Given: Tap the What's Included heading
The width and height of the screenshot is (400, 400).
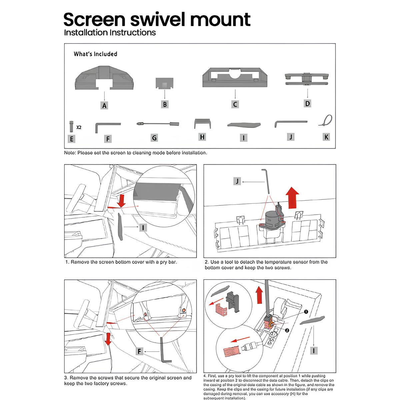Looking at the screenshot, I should (x=95, y=54).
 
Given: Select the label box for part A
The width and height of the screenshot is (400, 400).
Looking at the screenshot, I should (x=105, y=105).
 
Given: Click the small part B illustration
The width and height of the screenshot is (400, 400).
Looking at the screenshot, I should (x=165, y=83).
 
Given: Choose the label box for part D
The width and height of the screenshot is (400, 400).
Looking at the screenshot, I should (x=307, y=103).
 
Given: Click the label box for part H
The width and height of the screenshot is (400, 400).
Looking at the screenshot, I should (x=202, y=137).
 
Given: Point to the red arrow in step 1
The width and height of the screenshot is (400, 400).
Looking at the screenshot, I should (x=121, y=201).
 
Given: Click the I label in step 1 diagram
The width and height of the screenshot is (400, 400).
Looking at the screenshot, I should (x=143, y=228).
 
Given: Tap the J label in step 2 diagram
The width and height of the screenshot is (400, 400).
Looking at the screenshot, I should (x=237, y=181).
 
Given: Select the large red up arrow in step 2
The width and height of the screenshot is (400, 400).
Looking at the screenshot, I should (x=292, y=198).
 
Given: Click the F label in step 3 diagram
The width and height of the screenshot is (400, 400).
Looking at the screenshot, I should (x=140, y=351).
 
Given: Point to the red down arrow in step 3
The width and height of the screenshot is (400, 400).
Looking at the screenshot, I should (x=108, y=339).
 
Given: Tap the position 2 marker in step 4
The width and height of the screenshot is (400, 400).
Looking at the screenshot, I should (x=287, y=330).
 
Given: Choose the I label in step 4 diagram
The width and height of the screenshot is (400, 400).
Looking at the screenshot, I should (x=313, y=351).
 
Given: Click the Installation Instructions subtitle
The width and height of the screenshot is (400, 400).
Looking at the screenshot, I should (x=110, y=33).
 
